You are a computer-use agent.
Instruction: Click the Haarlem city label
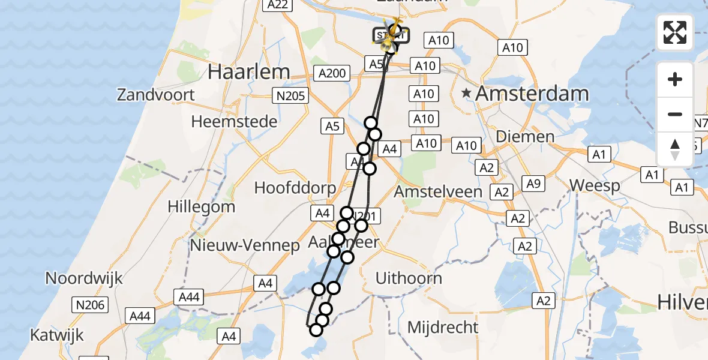coord(248,72)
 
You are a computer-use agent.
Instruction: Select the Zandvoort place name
coord(156,95)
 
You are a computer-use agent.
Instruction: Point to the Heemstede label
coord(234,122)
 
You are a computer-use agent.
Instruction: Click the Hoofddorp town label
coord(295,188)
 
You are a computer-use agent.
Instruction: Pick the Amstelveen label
coord(439,192)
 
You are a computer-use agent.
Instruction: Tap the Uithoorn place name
coord(409,278)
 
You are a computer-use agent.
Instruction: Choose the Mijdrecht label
coord(443,328)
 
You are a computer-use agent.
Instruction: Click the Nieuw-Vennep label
coord(244,245)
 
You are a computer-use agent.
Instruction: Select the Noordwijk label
coord(84,278)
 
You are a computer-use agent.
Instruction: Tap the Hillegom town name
coord(201,207)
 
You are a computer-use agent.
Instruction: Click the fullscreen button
coord(675,32)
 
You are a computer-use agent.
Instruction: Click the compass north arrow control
coord(675,149)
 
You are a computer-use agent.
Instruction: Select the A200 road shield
coord(332,74)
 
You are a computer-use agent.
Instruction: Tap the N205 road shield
coord(290,95)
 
